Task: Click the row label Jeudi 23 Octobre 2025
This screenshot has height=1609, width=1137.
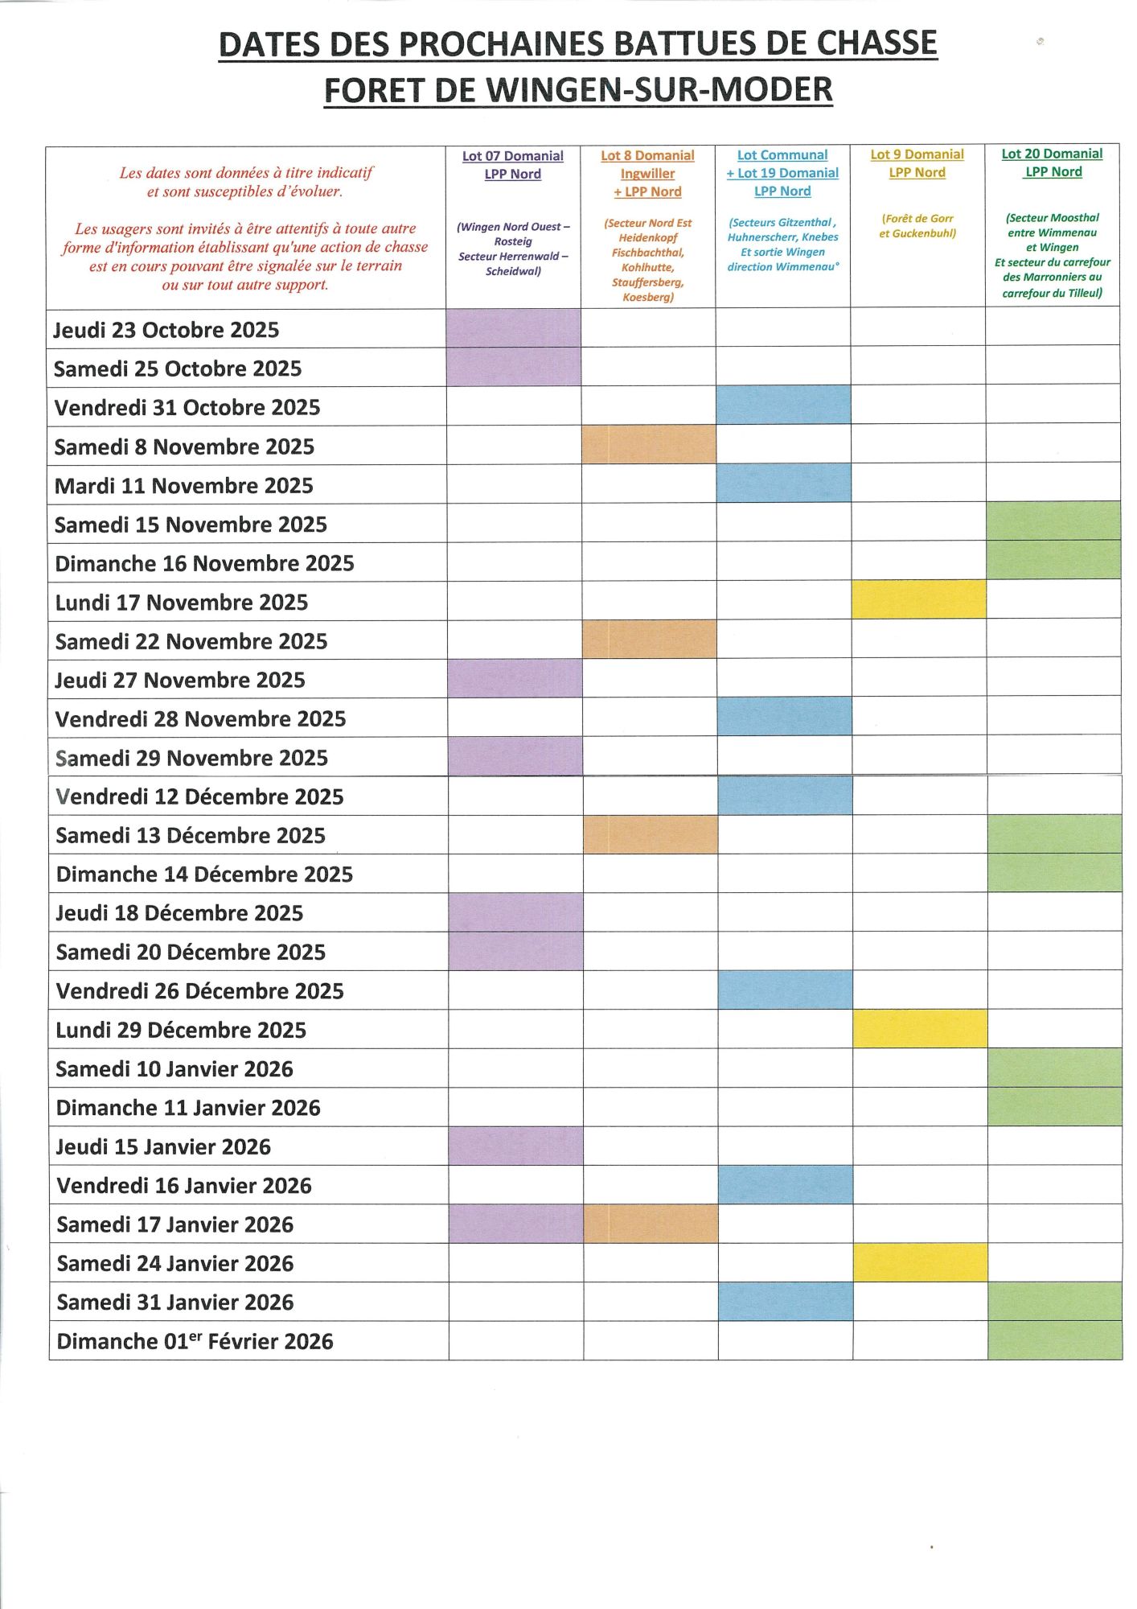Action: (x=166, y=330)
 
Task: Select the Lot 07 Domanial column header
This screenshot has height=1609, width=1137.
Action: (x=513, y=156)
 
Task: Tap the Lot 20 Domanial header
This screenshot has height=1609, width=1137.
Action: (x=1052, y=154)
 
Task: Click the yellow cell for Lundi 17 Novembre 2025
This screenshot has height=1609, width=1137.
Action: (x=918, y=600)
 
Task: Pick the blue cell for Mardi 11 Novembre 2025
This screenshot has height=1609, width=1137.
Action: (x=783, y=484)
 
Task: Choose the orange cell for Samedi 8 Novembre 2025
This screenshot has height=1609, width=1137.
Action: (x=649, y=445)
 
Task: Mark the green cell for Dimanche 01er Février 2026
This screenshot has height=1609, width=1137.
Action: (x=1054, y=1340)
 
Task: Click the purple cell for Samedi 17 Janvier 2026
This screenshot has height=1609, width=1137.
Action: (x=515, y=1224)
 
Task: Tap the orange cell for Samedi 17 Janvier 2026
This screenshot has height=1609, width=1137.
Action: (x=651, y=1224)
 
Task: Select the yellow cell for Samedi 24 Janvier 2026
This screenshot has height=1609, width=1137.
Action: (x=920, y=1262)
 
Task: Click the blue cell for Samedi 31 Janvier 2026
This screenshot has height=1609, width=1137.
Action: (x=786, y=1301)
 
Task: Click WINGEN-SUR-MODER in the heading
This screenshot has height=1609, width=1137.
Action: (x=659, y=90)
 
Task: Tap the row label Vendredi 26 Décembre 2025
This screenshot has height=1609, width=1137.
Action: (x=200, y=991)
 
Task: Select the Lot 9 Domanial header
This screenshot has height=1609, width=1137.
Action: (x=917, y=154)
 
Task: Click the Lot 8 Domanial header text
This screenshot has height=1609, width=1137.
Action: (x=647, y=156)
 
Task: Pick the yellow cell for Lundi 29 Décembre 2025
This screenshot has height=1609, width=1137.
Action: (x=920, y=1029)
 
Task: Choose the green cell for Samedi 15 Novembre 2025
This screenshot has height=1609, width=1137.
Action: (x=1053, y=521)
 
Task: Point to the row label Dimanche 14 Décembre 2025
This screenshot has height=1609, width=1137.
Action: (x=205, y=874)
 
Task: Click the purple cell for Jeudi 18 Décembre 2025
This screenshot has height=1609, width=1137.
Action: (x=515, y=912)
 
